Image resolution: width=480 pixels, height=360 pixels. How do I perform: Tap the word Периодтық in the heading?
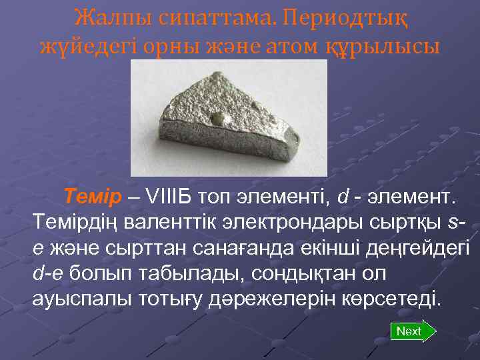pos(347,17)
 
